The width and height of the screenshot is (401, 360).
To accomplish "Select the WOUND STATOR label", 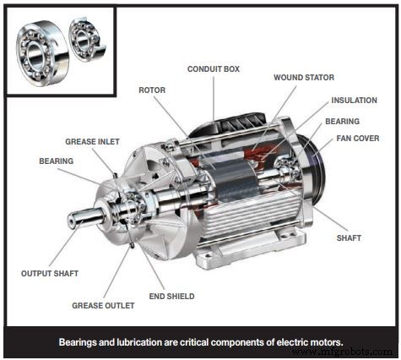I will click(x=303, y=77).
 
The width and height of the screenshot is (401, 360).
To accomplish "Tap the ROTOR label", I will click(x=152, y=89).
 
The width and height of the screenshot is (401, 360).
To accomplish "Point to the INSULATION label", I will click(x=354, y=101).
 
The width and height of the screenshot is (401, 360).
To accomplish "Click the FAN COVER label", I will click(x=357, y=138).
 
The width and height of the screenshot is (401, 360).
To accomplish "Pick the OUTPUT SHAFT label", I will click(x=49, y=273).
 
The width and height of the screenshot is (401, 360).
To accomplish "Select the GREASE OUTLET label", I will click(x=101, y=305).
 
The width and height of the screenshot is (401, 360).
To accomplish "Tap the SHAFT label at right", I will click(x=349, y=238).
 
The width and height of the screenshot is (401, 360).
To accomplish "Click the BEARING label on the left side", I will click(x=57, y=160).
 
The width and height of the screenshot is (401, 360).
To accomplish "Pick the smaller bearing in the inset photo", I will click(x=84, y=40).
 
